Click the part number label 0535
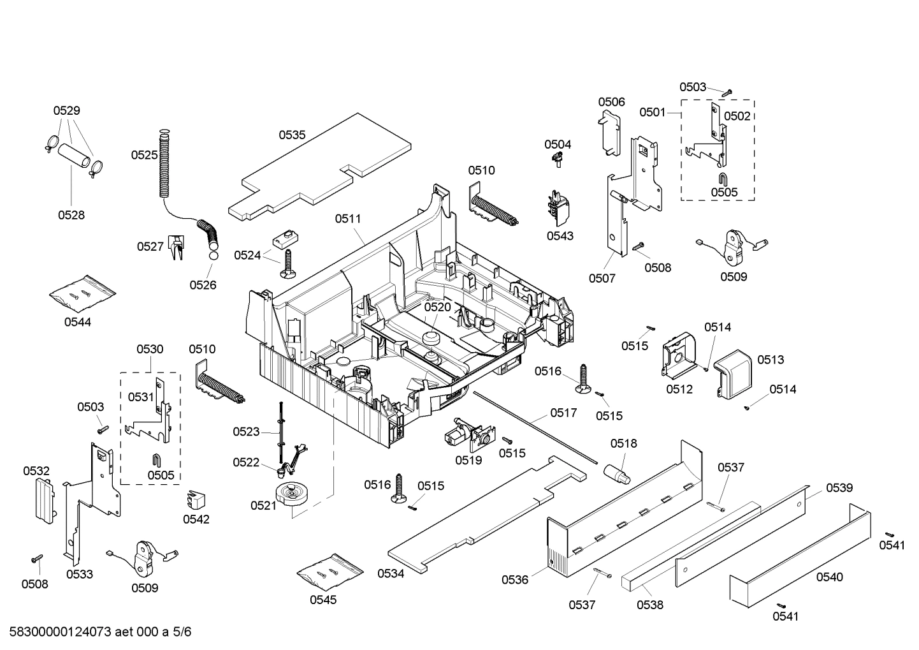click(292, 135)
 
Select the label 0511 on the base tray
click(348, 219)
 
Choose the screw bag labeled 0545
click(330, 571)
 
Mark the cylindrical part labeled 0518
click(617, 473)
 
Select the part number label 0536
click(514, 579)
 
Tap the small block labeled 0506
click(610, 131)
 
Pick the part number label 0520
click(437, 307)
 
